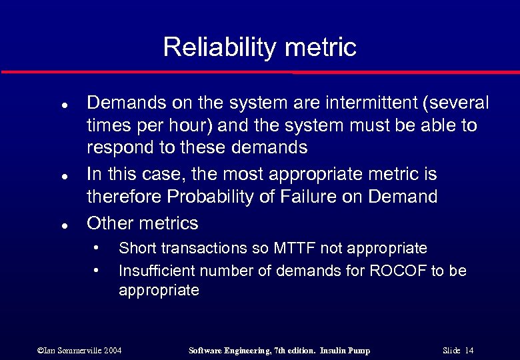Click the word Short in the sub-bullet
(x=136, y=248)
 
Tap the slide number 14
(x=469, y=351)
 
